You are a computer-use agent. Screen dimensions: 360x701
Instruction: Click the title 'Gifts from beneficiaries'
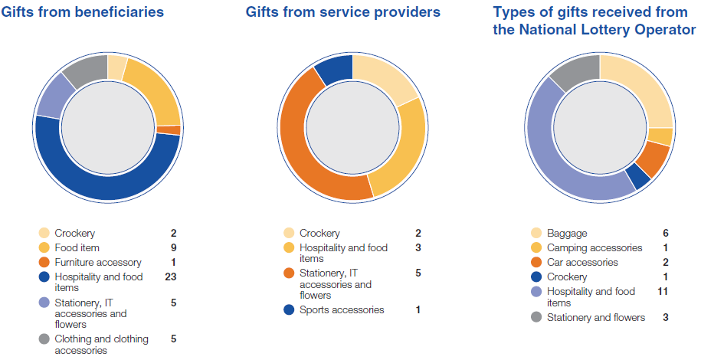point(83,12)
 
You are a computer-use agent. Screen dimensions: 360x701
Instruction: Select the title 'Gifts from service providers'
point(343,12)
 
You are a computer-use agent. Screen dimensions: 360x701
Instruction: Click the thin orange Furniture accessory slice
point(174,130)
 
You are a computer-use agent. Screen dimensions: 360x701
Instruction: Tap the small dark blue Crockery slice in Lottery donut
point(637,177)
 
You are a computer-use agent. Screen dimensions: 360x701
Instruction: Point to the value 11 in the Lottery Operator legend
point(664,292)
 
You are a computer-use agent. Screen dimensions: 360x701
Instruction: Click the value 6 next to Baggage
point(664,234)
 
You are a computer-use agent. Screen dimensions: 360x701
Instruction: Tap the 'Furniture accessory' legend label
point(97,263)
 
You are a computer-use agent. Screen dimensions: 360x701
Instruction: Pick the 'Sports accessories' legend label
point(342,310)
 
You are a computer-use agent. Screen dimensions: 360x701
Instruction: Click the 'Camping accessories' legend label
point(595,248)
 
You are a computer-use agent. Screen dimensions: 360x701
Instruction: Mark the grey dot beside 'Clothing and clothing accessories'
point(44,339)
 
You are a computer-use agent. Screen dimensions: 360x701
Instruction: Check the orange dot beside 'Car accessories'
point(537,263)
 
